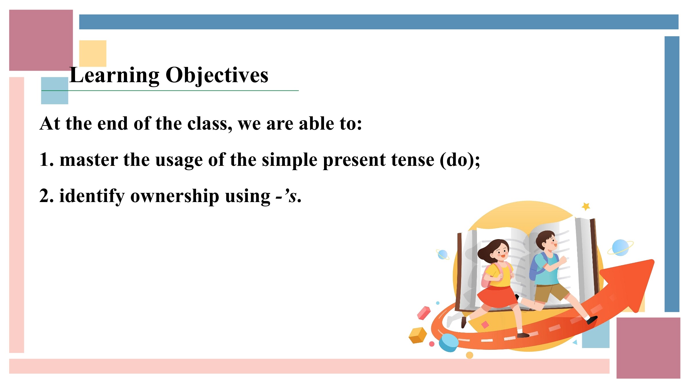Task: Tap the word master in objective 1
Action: coord(89,160)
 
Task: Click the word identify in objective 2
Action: coord(92,197)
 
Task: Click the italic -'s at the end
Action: coord(286,197)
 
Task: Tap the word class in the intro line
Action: coord(208,124)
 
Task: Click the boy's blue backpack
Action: coord(536,266)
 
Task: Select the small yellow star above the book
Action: coord(586,206)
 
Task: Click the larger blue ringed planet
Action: coord(620,247)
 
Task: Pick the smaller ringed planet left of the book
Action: coord(442,255)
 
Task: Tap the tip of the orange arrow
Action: coord(653,260)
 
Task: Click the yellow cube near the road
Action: coord(418,335)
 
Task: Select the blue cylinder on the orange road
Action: coord(448,343)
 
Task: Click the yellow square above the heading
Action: coord(93,53)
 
